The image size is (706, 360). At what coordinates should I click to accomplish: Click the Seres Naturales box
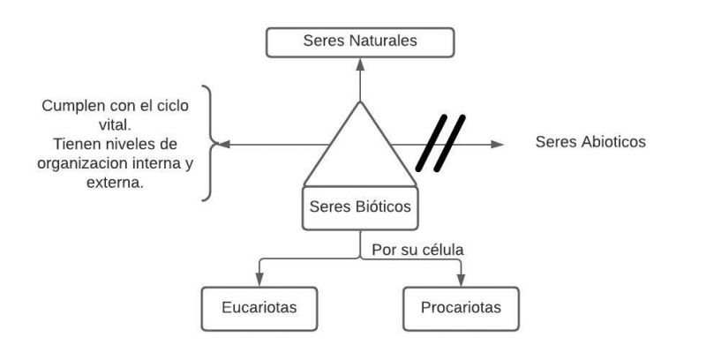click(x=360, y=41)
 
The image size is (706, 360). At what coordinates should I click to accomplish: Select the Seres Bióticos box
click(x=360, y=209)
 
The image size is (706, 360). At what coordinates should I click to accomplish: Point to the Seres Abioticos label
click(x=590, y=142)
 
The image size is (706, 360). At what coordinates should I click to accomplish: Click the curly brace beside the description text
click(x=208, y=142)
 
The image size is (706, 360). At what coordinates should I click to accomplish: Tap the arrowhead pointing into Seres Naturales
click(x=360, y=64)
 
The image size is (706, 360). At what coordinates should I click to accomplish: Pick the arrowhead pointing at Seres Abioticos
click(x=499, y=143)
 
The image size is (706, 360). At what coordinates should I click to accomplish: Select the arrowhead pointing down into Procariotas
click(x=460, y=281)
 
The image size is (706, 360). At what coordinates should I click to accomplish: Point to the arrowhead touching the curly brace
click(x=222, y=143)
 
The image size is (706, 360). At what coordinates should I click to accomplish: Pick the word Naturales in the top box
click(x=385, y=41)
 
